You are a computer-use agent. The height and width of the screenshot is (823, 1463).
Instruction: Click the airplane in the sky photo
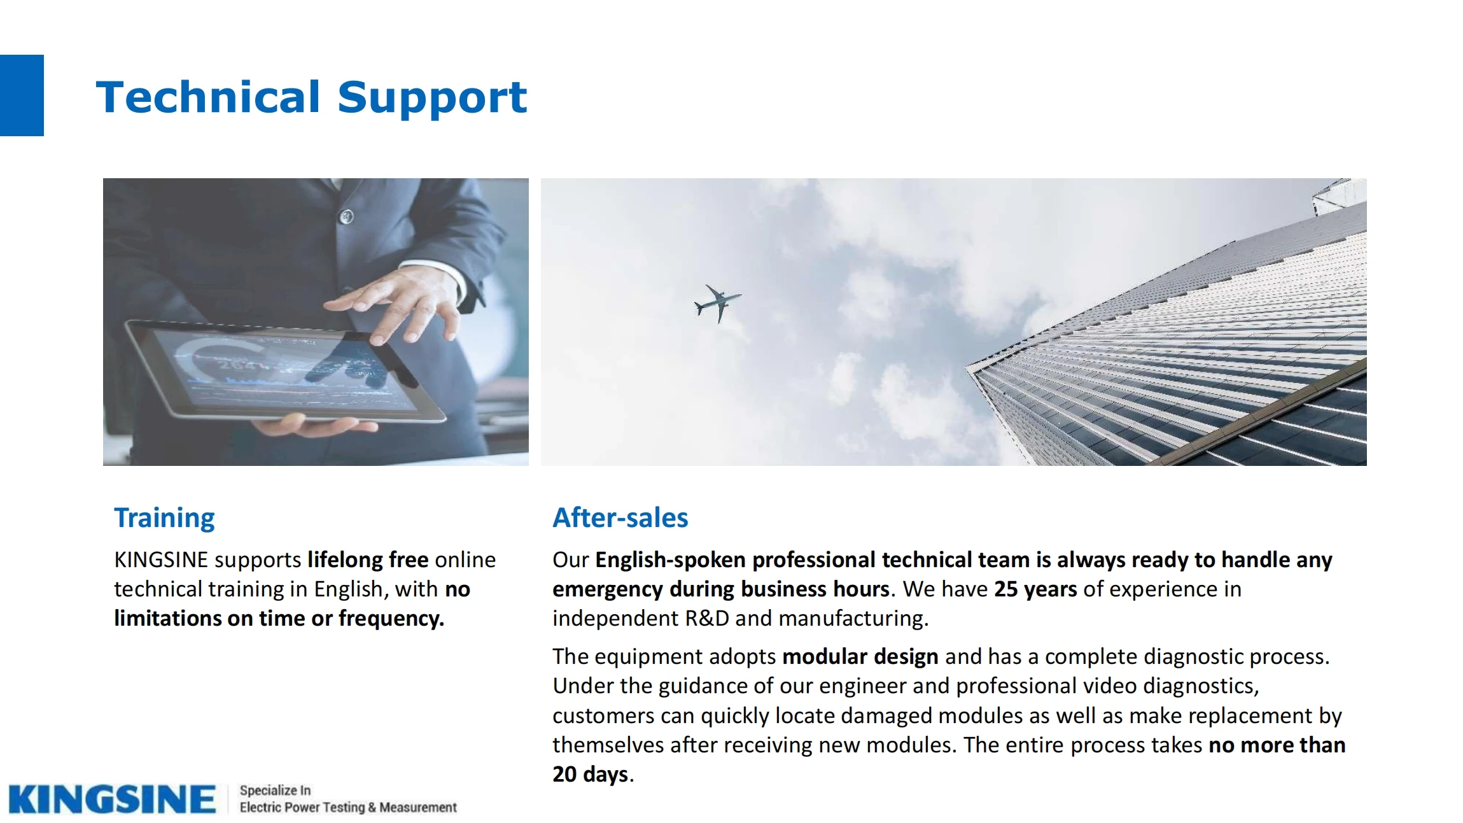(x=717, y=303)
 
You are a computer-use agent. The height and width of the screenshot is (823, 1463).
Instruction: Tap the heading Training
(x=164, y=518)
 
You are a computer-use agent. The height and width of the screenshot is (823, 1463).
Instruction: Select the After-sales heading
(x=620, y=517)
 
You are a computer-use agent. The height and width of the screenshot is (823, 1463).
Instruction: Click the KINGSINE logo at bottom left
(x=112, y=799)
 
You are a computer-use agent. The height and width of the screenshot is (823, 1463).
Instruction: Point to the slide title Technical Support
(x=311, y=97)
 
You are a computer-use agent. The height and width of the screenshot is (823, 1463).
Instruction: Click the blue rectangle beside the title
(x=22, y=95)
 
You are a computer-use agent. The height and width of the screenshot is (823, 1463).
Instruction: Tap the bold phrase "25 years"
(x=1035, y=589)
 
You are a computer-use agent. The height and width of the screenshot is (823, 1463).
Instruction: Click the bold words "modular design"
(x=860, y=656)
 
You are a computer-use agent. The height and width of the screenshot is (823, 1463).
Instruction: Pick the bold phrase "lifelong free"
(x=368, y=559)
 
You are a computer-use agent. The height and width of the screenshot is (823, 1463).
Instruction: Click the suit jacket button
(x=346, y=216)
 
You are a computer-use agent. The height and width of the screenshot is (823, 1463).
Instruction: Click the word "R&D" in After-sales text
(x=707, y=619)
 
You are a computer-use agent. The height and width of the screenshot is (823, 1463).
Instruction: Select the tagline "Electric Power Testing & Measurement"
(x=348, y=807)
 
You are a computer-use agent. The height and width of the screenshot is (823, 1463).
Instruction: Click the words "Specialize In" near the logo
(x=275, y=791)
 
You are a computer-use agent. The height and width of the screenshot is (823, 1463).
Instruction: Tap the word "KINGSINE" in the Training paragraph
(x=161, y=559)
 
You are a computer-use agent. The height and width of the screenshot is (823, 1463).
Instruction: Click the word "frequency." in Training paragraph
(x=391, y=619)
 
